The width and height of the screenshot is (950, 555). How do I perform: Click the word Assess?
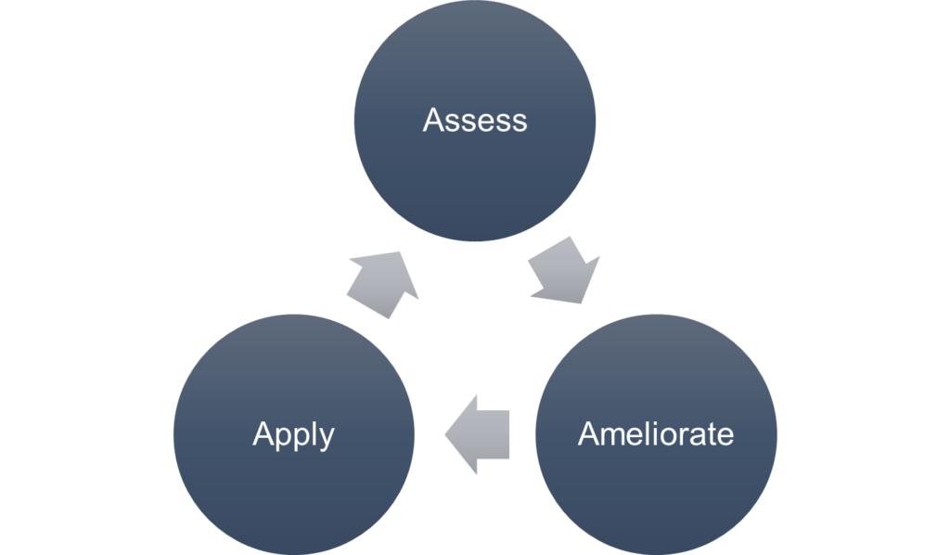[474, 121]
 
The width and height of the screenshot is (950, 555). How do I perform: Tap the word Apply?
[293, 434]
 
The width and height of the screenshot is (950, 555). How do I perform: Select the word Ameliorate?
[655, 434]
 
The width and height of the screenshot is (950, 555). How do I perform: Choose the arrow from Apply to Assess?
[384, 282]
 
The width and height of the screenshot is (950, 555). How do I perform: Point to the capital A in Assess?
[432, 121]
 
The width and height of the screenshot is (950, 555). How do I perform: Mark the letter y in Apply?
[326, 438]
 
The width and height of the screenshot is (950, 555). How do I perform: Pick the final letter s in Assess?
[520, 123]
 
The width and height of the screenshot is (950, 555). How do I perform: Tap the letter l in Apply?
[311, 432]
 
